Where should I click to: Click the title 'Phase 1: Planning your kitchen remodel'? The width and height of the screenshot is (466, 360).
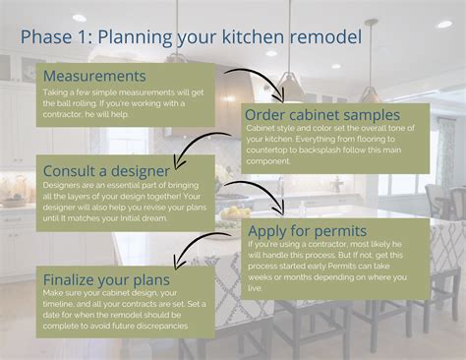tap(191, 37)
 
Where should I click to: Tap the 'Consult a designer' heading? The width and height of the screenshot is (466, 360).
tap(108, 170)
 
